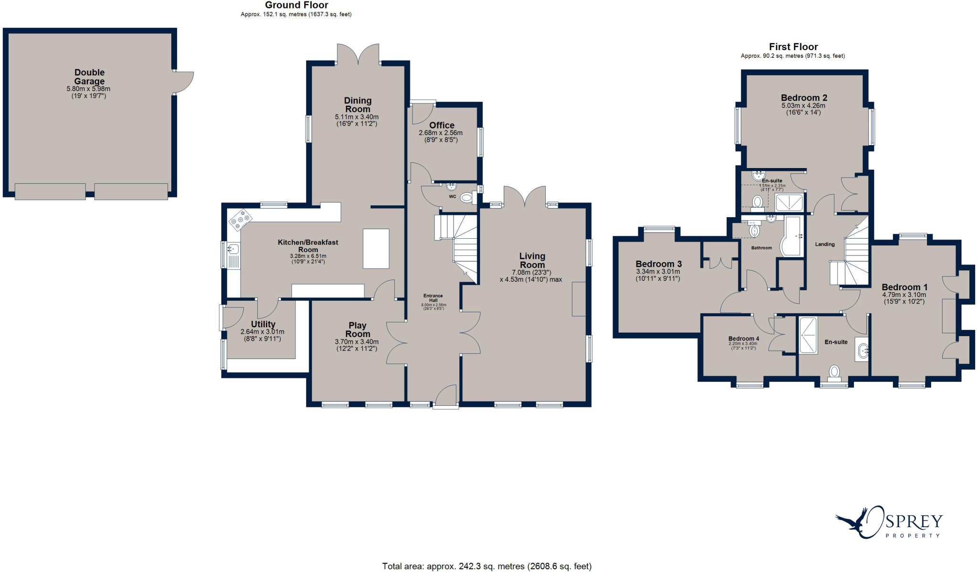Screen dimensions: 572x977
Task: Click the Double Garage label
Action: click(x=89, y=77)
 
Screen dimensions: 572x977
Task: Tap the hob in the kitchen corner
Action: click(x=240, y=219)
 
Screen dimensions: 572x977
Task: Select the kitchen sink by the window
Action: click(x=233, y=249)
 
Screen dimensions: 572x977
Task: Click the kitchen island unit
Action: click(x=376, y=248)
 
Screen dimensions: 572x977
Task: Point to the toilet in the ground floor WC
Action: click(x=467, y=198)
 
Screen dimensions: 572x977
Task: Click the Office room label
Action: click(x=441, y=125)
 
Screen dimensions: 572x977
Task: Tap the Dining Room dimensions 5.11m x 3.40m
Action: click(x=357, y=117)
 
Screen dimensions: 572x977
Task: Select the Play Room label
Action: click(x=357, y=329)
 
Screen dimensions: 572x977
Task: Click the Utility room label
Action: click(x=263, y=324)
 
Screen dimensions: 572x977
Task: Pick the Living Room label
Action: click(x=532, y=260)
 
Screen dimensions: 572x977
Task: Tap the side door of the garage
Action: click(x=184, y=83)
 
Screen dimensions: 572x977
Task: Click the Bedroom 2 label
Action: click(x=804, y=98)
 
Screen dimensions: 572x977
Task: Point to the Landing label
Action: click(x=825, y=244)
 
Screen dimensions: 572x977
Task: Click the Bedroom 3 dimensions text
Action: click(x=658, y=275)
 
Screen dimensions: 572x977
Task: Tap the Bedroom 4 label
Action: click(x=743, y=339)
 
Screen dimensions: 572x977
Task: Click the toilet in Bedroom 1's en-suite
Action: click(x=834, y=371)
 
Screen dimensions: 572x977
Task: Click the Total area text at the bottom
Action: click(x=487, y=566)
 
